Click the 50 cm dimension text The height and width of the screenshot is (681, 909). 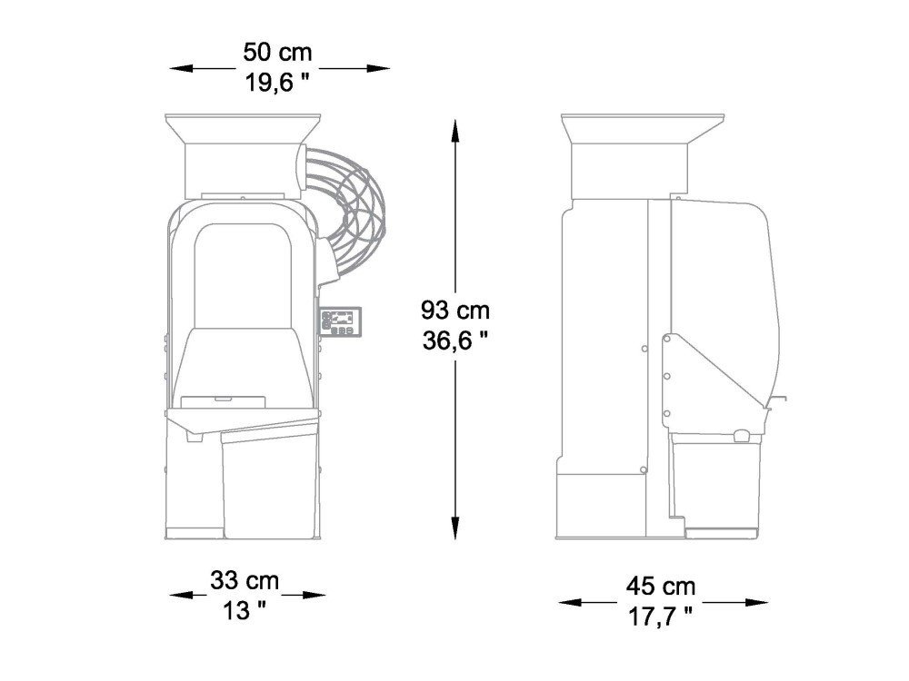pos(277,52)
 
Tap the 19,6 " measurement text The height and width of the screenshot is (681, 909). pos(277,83)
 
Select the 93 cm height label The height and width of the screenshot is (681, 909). pos(455,311)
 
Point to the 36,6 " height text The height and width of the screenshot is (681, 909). pos(455,340)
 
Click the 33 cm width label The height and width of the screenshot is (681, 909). pos(244,580)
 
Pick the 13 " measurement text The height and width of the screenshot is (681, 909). pos(244,610)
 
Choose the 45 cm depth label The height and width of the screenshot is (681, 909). pos(660,587)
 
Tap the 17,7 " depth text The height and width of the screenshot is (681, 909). pos(660,617)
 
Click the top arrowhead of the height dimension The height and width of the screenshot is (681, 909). pos(455,130)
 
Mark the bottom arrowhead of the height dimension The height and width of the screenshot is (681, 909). pos(455,528)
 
